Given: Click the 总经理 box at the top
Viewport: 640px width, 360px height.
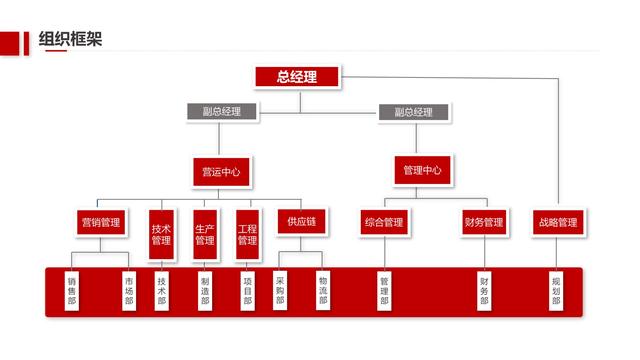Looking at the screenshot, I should [x=297, y=77].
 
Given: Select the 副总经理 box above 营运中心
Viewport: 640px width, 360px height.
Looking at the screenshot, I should [x=221, y=112].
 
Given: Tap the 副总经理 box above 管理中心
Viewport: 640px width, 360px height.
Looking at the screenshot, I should [x=412, y=112].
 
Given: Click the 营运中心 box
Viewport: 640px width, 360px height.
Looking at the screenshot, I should [x=221, y=171].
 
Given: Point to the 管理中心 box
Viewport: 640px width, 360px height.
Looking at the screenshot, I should [x=422, y=170].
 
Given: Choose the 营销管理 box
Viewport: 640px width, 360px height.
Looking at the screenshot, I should [x=100, y=222].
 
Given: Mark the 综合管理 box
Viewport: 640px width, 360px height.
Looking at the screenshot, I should [x=384, y=222].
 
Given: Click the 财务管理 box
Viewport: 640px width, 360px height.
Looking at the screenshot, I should [x=484, y=222].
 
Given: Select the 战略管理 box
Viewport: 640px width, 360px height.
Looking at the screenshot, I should [x=558, y=222].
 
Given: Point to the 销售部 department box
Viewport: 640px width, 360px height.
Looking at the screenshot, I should [x=72, y=290].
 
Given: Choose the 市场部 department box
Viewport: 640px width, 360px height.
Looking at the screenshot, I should [x=129, y=290].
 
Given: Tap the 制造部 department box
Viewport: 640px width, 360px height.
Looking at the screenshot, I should [x=205, y=290].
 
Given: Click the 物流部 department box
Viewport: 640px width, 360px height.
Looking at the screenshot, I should [x=323, y=290].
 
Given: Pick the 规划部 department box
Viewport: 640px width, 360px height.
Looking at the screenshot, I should [x=556, y=290].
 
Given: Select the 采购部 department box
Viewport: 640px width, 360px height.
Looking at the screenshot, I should [x=280, y=290].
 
